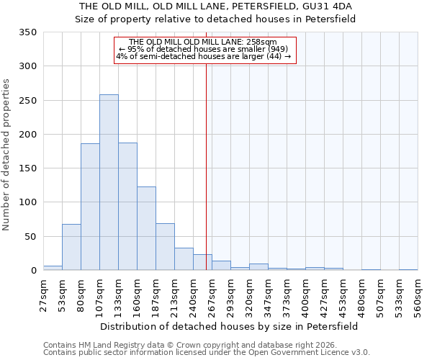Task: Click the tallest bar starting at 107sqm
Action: tap(109, 182)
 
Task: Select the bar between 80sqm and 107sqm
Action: tap(90, 207)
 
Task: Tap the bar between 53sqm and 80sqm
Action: tap(71, 247)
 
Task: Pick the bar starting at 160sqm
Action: tap(146, 228)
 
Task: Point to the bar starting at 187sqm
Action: tap(165, 247)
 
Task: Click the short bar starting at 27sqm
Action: tap(53, 268)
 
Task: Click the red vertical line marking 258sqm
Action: tap(207, 158)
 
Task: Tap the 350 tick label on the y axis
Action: tap(28, 32)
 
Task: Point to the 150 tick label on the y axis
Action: tap(28, 168)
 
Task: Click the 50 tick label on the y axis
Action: tap(31, 236)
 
